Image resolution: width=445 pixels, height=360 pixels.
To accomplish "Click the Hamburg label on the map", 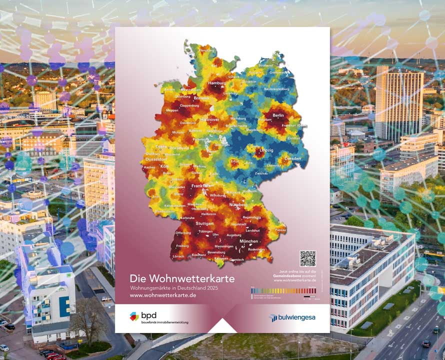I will tap(217, 83).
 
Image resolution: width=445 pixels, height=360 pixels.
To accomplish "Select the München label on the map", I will tap(248, 241).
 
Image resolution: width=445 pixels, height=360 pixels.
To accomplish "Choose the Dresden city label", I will tap(293, 158).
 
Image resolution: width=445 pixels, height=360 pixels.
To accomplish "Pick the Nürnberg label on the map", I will tap(238, 205).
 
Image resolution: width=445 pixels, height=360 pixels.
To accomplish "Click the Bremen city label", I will tap(201, 98).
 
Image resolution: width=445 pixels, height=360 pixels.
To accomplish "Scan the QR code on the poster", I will tap(308, 258).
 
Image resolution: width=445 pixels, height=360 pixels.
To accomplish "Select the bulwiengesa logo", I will tap(292, 317).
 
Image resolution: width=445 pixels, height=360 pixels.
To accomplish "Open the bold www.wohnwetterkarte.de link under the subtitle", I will tap(163, 295).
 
